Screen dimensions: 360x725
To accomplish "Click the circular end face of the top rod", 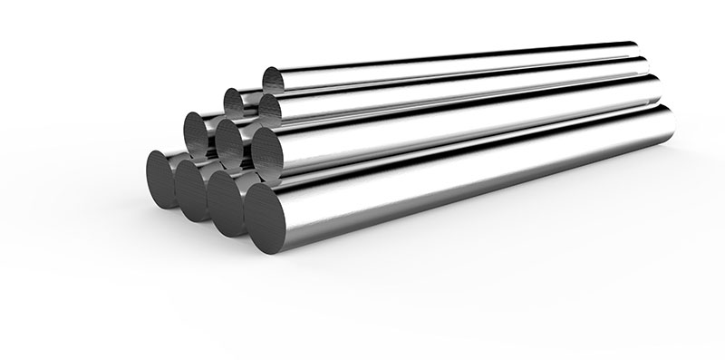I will click(x=275, y=80).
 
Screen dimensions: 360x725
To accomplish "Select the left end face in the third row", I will click(x=237, y=102).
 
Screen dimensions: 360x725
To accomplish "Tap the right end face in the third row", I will click(x=270, y=108).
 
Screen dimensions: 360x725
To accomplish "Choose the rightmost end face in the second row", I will click(x=268, y=149).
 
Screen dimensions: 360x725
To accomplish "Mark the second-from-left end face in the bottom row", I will click(x=192, y=188).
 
